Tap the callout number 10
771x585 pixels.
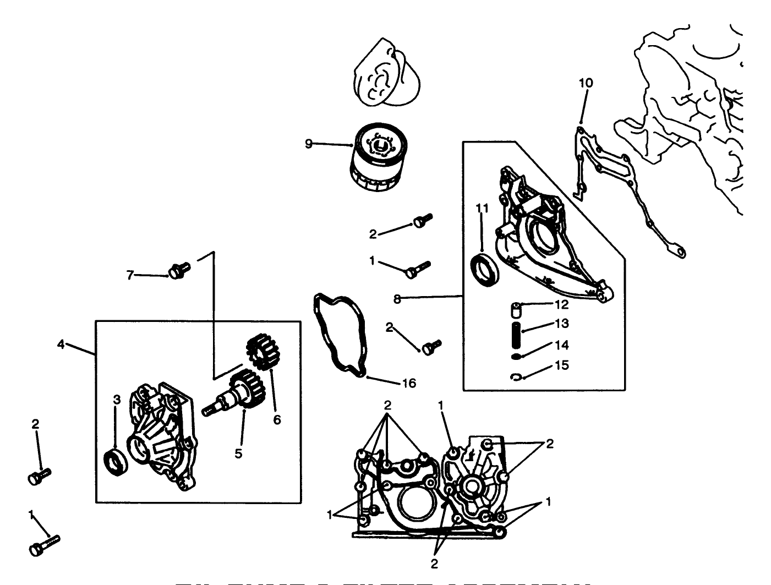click(586, 83)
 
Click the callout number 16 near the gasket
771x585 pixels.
click(408, 383)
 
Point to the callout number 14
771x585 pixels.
click(561, 346)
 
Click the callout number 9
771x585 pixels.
click(309, 144)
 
